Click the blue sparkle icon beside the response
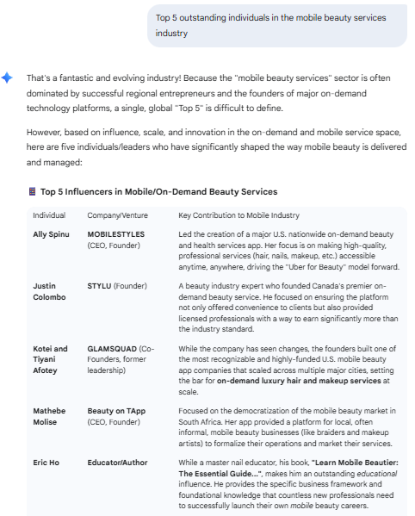click(x=7, y=78)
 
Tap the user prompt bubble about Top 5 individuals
click(x=276, y=25)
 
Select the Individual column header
click(x=49, y=214)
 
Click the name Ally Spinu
click(x=52, y=234)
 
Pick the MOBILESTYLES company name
click(x=116, y=234)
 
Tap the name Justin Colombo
click(x=49, y=291)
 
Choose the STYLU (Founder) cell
click(x=117, y=286)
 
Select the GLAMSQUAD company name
click(x=112, y=349)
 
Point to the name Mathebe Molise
click(x=51, y=417)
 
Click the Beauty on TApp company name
click(x=117, y=412)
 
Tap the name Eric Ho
click(x=47, y=462)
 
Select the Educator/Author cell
click(x=118, y=462)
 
